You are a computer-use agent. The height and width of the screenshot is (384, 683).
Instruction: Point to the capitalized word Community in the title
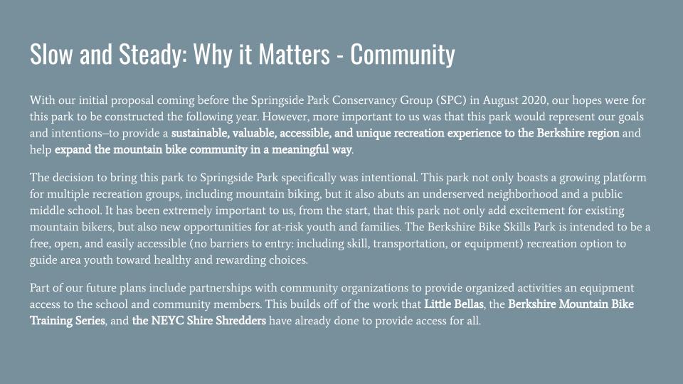403,55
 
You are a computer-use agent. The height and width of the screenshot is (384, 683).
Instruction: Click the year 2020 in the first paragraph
533,100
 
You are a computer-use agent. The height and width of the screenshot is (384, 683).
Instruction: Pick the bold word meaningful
300,150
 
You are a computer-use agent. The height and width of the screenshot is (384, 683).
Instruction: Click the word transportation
410,244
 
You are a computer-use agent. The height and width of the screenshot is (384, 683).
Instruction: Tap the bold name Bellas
469,304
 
